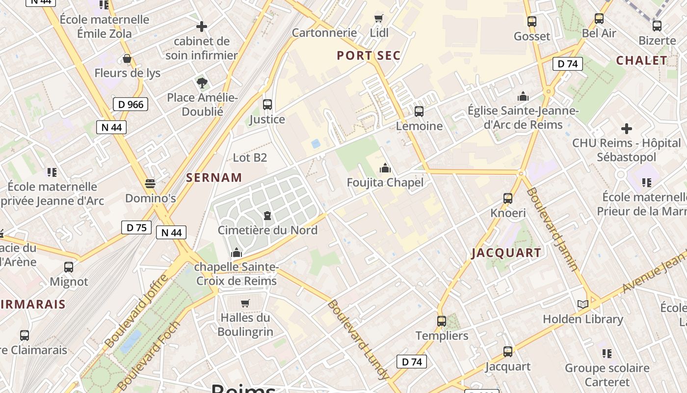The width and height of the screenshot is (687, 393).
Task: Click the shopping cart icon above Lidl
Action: tap(378, 19)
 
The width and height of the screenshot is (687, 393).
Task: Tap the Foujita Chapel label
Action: tap(385, 183)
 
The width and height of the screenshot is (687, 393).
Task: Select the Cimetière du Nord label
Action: tap(267, 230)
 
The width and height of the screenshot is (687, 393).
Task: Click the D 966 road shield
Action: tap(130, 104)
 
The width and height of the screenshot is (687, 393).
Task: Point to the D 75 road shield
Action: tap(136, 227)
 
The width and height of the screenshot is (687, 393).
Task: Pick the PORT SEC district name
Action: tap(369, 56)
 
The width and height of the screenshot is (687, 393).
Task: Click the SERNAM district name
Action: tap(214, 178)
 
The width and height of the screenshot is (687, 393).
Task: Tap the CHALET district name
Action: tap(641, 60)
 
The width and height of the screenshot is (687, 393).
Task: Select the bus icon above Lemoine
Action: tap(419, 112)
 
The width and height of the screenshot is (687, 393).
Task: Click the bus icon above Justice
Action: tap(267, 105)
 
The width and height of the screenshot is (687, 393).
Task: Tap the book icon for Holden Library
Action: tap(582, 305)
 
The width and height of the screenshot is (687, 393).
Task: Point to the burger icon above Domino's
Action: tap(150, 184)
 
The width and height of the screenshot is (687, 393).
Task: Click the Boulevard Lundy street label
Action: tap(358, 339)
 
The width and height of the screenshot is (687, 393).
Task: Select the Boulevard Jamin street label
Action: tap(552, 229)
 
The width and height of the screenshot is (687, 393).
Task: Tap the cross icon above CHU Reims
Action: tap(626, 129)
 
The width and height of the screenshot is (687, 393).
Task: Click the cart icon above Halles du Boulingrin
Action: tap(245, 303)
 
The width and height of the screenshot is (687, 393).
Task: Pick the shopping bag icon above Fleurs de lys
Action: tap(127, 59)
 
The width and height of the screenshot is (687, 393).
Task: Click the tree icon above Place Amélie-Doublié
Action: tap(202, 83)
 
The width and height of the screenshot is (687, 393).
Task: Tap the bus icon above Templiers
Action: tap(442, 321)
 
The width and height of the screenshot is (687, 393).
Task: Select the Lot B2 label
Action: tap(250, 158)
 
